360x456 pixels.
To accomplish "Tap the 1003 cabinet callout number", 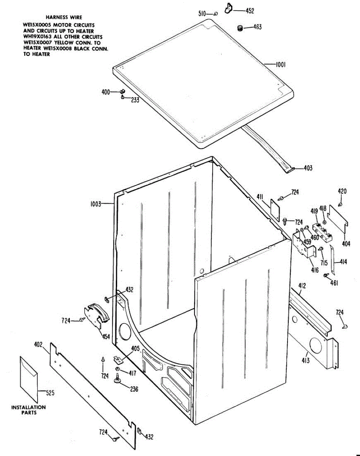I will tap(95, 204).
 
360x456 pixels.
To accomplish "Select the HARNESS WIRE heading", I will tap(64, 17).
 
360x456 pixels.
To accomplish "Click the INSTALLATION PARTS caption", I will tap(28, 410).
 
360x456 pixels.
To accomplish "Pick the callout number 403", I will tap(308, 168).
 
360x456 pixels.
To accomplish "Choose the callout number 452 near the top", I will tap(249, 11).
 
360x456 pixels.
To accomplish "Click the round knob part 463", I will tap(240, 28).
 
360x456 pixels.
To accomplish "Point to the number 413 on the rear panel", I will tap(306, 359).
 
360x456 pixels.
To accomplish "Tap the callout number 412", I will tap(302, 286).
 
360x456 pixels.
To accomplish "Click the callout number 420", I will tap(342, 191).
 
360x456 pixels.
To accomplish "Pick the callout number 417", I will tap(132, 374).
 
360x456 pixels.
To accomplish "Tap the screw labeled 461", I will tap(326, 275).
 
